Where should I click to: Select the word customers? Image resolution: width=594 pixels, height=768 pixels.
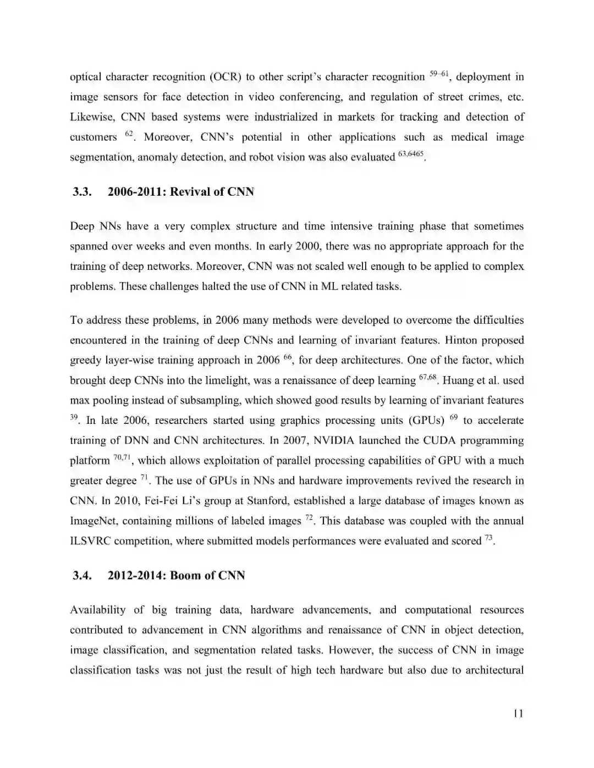coord(94,137)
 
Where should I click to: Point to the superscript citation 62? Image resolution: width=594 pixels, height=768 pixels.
coord(129,134)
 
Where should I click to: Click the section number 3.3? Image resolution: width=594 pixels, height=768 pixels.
coord(81,192)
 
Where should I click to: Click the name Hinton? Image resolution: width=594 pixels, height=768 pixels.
coord(461,340)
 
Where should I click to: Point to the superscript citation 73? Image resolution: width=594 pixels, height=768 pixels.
coord(488,538)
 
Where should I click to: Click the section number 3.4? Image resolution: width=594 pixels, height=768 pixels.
coord(81,576)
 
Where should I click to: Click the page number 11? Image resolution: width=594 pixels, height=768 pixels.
coord(518,714)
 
